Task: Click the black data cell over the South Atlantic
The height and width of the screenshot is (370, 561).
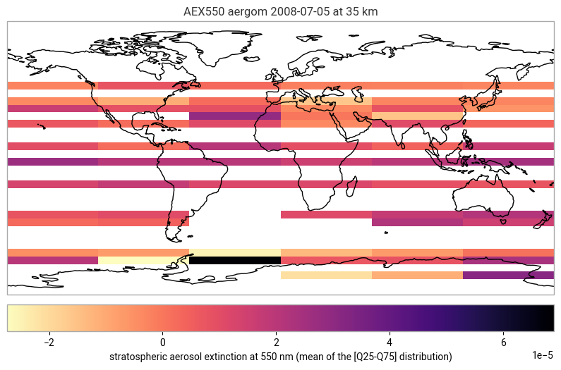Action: coord(234,260)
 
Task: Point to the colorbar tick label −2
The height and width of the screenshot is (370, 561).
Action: coord(48,343)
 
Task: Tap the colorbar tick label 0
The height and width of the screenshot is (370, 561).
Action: coord(163,343)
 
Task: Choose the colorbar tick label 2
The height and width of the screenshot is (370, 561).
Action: coord(276,343)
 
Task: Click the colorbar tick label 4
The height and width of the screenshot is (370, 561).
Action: coord(390,343)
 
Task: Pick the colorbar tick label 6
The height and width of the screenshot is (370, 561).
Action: coord(503,343)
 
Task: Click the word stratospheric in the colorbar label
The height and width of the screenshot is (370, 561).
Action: coord(138,357)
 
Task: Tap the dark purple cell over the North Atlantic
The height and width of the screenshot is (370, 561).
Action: coord(234,116)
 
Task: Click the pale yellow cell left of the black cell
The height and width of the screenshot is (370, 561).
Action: coord(143,260)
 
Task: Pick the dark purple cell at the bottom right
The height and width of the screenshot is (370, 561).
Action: coord(508,276)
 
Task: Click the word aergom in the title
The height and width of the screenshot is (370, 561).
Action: coord(241,11)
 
